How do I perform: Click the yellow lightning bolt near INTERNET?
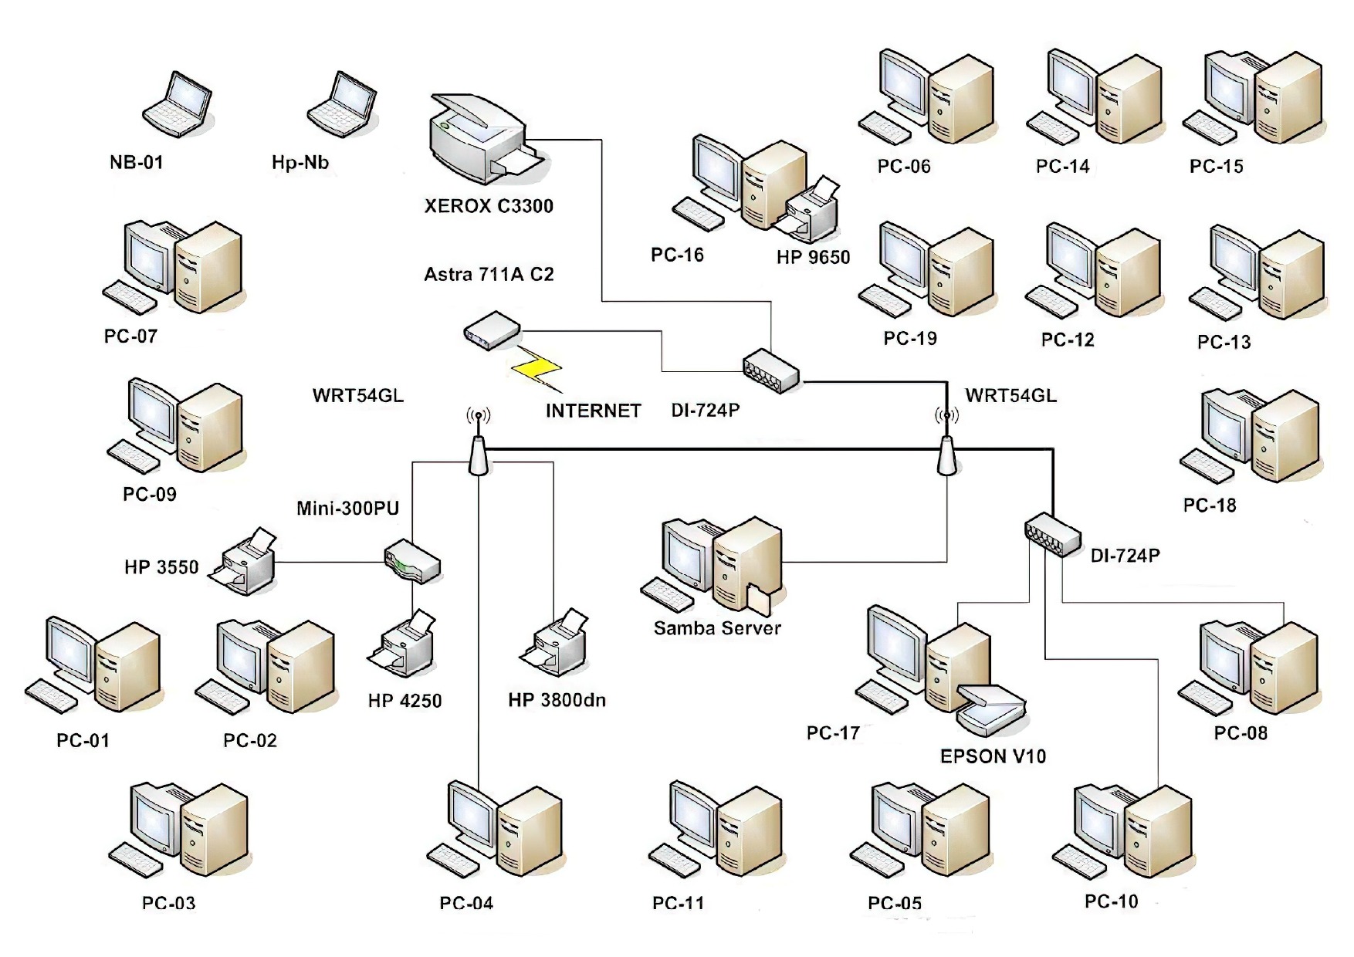[x=537, y=368]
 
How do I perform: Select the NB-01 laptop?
[x=178, y=103]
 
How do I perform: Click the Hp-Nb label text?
[x=300, y=163]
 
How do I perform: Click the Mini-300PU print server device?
[x=412, y=561]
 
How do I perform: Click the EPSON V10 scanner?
[x=993, y=708]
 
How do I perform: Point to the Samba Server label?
[x=717, y=628]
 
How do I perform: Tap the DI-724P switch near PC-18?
[x=1052, y=534]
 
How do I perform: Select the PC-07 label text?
[x=131, y=336]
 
